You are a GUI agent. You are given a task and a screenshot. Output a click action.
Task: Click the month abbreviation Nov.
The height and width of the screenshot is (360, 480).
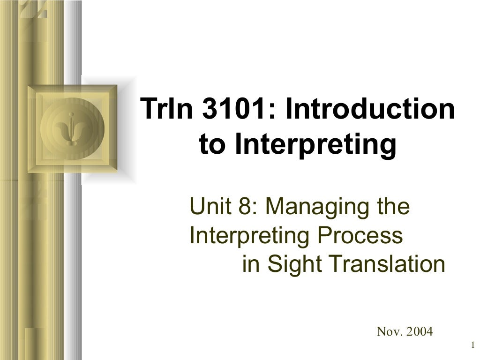(389, 332)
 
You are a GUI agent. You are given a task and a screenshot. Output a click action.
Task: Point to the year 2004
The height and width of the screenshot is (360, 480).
(420, 332)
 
